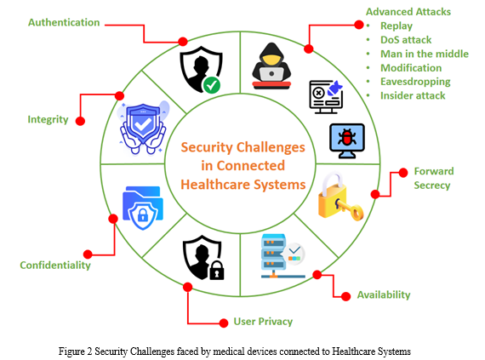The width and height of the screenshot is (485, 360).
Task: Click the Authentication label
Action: tap(64, 23)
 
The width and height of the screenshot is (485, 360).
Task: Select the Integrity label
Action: tap(48, 119)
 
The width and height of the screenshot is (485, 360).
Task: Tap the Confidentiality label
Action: tap(55, 266)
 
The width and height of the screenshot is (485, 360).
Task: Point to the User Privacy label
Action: tap(263, 322)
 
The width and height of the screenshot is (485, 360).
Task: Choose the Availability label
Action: tap(384, 294)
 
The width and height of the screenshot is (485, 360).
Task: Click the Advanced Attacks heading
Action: tap(408, 12)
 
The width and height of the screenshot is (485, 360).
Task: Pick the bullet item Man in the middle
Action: tap(425, 54)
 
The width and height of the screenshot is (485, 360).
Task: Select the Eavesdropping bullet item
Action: tap(415, 82)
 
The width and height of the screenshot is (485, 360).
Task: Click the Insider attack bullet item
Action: tap(413, 96)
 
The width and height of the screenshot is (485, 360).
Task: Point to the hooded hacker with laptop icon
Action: tap(271, 66)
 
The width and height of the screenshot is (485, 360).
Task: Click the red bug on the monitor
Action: tap(347, 138)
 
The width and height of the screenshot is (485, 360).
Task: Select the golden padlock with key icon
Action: tap(340, 197)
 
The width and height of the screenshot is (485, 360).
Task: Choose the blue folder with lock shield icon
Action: tap(143, 208)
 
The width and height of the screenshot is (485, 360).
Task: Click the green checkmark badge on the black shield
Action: tap(212, 85)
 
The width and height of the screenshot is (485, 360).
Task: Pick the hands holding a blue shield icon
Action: tap(143, 128)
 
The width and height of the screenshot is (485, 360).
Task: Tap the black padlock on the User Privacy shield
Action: tap(217, 271)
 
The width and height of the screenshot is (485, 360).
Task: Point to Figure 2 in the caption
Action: tap(76, 351)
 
